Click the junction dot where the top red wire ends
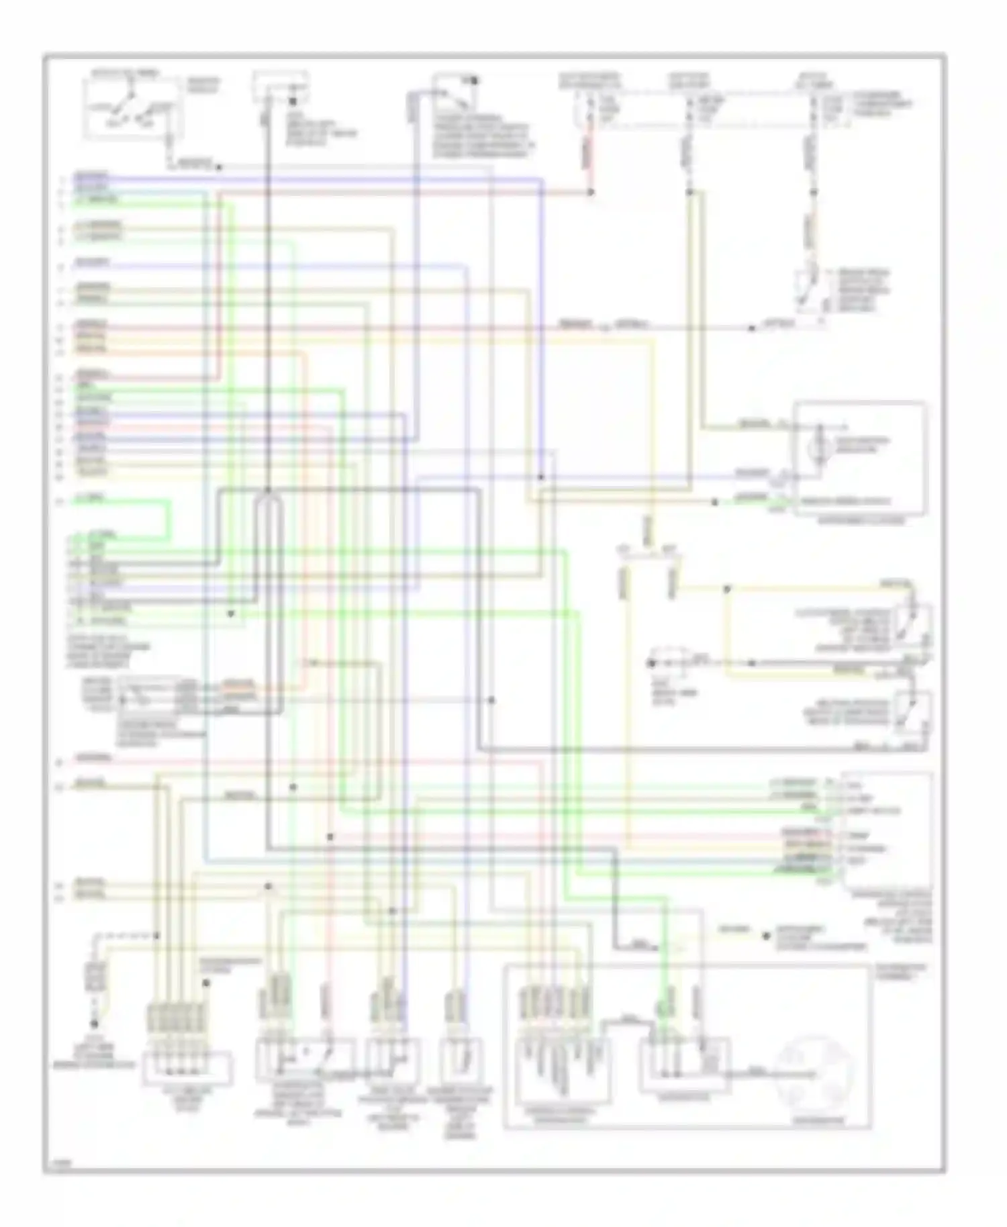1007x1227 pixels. (591, 192)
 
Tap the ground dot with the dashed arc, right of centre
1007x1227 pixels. (651, 663)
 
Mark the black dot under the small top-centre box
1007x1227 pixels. (293, 102)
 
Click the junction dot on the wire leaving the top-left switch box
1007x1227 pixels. (219, 167)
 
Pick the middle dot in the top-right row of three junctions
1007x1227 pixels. (689, 192)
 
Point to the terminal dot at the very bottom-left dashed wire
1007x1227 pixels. (94, 1025)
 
